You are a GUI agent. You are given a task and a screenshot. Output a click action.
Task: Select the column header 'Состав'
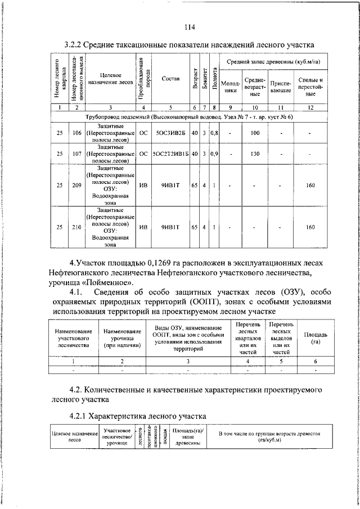point(170,79)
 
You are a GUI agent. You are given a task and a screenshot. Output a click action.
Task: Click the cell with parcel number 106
point(76,133)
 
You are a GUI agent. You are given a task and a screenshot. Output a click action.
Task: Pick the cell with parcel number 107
point(76,152)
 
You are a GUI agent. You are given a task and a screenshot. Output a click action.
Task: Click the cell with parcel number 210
point(76,227)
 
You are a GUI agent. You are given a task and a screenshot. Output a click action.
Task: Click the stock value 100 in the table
point(255,133)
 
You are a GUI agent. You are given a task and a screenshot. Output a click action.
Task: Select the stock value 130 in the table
point(255,152)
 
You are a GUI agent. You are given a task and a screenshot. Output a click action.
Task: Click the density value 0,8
point(214,133)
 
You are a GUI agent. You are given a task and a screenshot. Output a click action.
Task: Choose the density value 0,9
point(214,152)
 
